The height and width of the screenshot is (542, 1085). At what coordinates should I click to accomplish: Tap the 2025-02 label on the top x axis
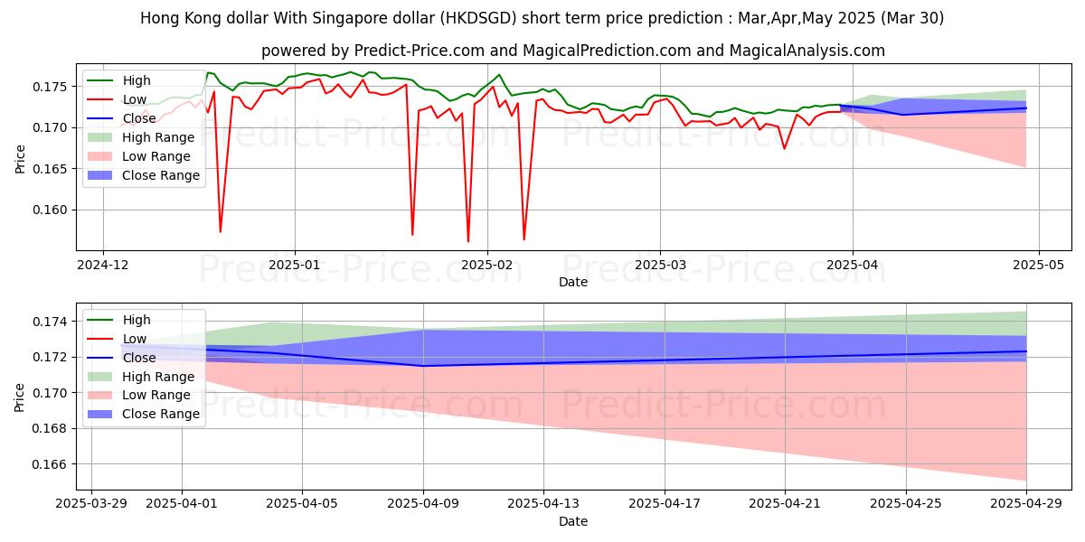coord(487,265)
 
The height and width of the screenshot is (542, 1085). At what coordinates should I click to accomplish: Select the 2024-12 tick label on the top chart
coord(103,265)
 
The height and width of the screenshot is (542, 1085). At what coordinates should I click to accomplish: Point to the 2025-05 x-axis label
coord(1038,265)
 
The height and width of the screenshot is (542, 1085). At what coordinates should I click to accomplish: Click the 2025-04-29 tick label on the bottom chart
coord(1026,504)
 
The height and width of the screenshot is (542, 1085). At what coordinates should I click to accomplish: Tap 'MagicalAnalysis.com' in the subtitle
coord(810,51)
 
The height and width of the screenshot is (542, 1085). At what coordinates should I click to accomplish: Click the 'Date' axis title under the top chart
coord(572,282)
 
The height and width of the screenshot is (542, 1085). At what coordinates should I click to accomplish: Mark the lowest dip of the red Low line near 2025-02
coord(468,241)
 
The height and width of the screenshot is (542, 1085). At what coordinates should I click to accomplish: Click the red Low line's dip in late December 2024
coord(220,232)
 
